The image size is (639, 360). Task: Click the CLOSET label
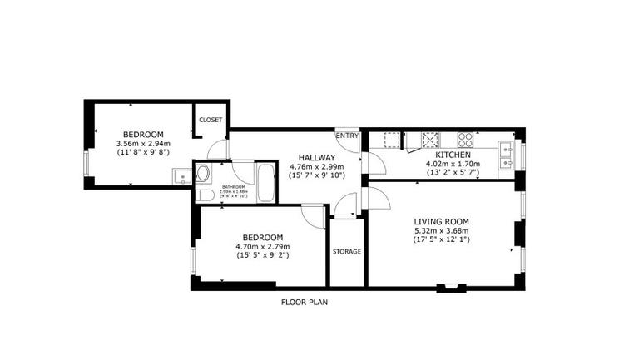point(211,120)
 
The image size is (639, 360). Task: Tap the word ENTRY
point(347,136)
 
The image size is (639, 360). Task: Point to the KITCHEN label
point(453,155)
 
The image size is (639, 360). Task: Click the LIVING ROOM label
point(441,221)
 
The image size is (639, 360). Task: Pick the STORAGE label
point(346,251)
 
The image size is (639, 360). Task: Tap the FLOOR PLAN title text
point(304,303)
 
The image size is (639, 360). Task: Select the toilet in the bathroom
point(204,195)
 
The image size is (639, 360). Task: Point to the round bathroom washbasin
point(203,175)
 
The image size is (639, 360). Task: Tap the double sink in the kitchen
point(505,153)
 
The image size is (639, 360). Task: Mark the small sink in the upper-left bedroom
point(180,175)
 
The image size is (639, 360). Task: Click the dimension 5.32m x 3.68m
point(441,231)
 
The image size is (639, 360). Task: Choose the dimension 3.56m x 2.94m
point(143,144)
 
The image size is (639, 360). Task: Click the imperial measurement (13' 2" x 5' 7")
point(453,173)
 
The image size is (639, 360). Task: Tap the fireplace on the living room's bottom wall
point(451,288)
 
